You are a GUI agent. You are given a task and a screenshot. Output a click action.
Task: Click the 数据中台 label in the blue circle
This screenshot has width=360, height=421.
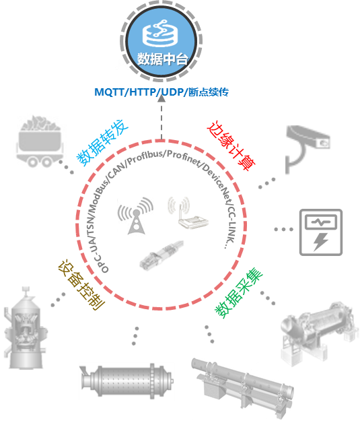coord(162,59)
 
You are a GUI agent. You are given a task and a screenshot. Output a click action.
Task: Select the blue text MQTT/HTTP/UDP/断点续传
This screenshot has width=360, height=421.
coord(161,92)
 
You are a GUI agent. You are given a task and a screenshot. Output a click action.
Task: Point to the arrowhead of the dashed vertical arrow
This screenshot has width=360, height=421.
coord(161,98)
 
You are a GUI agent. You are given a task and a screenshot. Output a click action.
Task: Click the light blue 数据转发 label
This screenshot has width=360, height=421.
coord(102,143)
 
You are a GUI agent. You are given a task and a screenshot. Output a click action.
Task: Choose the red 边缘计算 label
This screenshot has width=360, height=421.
coord(231,145)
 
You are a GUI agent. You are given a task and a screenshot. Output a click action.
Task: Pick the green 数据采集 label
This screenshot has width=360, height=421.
coord(239,293)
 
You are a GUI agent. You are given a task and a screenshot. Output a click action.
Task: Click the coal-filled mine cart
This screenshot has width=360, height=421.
coord(40,141)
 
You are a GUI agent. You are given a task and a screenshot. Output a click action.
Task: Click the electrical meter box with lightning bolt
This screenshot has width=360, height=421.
coord(321,232)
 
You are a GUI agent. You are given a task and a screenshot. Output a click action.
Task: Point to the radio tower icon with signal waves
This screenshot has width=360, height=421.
coord(135,216)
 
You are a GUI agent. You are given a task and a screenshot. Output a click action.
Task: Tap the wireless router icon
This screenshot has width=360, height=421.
coord(188,214)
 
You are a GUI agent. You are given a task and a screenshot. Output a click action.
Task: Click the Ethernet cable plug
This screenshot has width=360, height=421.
coord(161,255)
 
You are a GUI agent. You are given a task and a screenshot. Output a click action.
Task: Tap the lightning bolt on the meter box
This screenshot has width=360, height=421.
coord(321,242)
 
